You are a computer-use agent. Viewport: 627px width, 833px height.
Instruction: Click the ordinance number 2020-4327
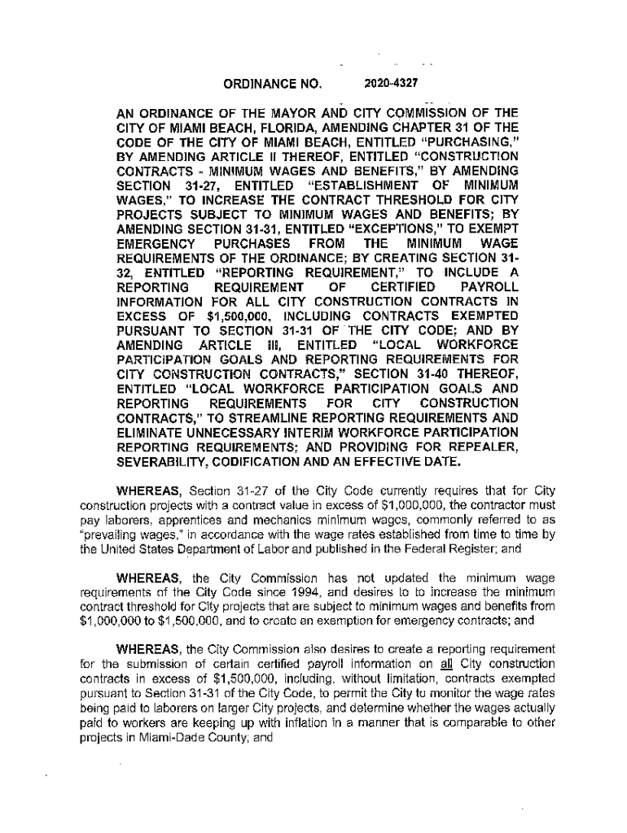pyautogui.click(x=392, y=81)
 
